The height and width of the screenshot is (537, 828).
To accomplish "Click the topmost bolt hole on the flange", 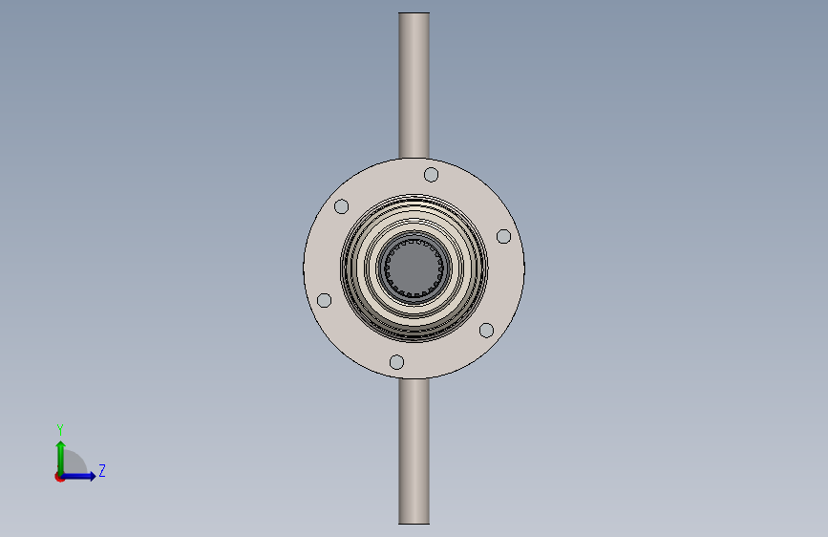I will pos(431,174).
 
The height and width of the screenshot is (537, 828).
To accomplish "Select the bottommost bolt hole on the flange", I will pos(396,362).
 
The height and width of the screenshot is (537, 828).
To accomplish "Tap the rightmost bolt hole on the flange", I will pos(503,236).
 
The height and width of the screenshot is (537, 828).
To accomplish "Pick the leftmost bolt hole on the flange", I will pos(324,300).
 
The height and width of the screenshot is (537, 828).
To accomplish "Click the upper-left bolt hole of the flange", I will pos(341,206).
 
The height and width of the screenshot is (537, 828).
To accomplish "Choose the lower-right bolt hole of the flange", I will pos(486,330).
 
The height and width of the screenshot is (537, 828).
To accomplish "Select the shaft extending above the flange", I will pos(414,86).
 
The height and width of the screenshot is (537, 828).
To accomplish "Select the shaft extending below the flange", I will pos(414,449).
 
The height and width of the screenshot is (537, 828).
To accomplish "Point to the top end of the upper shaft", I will pos(414,14).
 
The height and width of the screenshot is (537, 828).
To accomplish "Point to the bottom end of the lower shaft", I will pos(414,522).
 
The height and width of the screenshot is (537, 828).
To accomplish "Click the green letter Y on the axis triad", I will pos(59,430).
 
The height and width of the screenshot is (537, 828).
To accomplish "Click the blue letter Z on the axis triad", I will pos(101,470).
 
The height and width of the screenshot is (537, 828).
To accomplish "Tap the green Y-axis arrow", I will pos(60,455).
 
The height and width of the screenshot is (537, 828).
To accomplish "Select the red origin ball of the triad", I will pos(59,477).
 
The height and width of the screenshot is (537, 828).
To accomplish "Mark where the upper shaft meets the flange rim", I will pos(414,158).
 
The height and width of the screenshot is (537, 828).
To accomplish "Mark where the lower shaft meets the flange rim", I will pos(414,378).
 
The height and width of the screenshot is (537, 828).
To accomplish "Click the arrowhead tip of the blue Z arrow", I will pos(95,476).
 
